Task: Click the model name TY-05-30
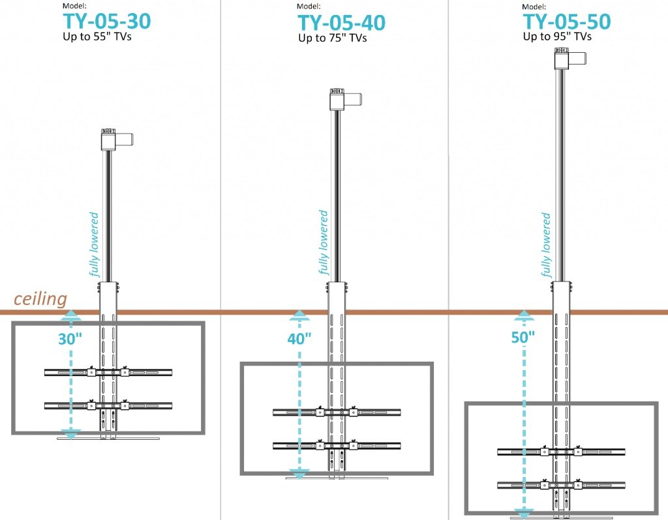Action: [107, 22]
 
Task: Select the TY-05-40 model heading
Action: [342, 23]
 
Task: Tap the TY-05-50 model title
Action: [567, 22]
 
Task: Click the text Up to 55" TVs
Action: [97, 36]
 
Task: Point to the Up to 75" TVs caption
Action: [332, 38]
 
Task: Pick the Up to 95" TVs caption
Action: [557, 36]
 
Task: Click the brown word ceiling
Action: [40, 298]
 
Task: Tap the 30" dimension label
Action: [70, 339]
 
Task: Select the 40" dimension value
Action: [299, 339]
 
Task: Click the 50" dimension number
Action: [523, 338]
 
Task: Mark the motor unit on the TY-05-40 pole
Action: [346, 100]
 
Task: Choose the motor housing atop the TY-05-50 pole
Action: [570, 59]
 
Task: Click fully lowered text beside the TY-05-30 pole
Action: [94, 244]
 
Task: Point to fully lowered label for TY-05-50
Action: [545, 244]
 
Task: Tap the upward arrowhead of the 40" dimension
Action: [299, 315]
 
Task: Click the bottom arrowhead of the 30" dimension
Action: [70, 434]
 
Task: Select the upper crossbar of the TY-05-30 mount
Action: [108, 372]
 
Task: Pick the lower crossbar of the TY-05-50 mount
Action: [561, 485]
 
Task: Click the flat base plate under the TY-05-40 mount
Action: [337, 478]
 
